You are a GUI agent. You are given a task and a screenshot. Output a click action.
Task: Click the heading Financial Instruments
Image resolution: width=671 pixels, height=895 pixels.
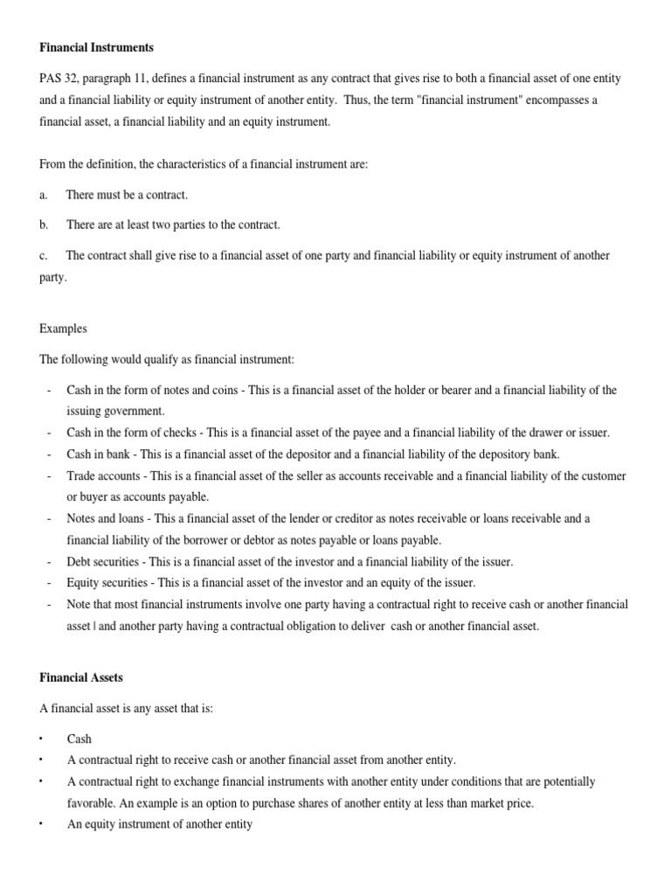click(x=96, y=46)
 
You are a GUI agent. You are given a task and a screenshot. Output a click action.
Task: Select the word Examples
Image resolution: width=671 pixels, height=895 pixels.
click(x=63, y=330)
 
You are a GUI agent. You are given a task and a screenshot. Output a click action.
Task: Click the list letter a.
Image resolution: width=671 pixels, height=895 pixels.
click(x=43, y=194)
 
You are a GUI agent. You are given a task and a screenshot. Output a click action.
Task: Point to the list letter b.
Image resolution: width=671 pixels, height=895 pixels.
click(x=43, y=225)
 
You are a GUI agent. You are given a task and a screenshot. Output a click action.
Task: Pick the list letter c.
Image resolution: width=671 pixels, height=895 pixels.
click(x=43, y=255)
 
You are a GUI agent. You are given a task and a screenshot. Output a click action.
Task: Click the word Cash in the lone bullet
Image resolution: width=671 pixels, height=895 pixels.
click(x=80, y=739)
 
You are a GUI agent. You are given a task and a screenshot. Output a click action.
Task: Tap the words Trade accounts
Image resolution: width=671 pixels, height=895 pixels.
click(x=103, y=475)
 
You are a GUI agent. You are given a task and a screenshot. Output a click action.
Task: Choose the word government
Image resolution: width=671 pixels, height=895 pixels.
click(x=135, y=411)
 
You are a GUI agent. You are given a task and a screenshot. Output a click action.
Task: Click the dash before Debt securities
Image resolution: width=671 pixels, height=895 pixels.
click(x=49, y=561)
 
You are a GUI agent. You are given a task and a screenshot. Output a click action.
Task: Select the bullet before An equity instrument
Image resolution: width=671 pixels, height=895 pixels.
click(x=42, y=824)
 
